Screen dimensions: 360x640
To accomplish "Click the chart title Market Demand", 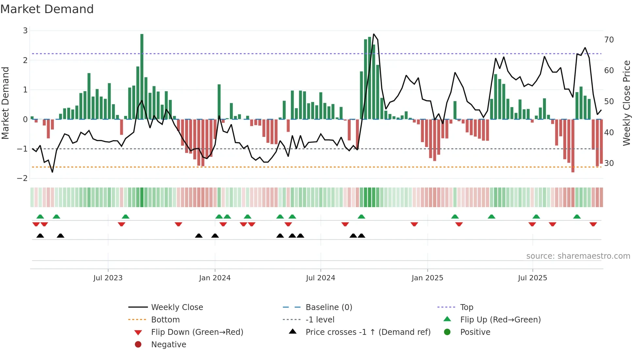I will click(47, 9).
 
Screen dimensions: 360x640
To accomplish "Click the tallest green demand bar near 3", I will click(142, 76).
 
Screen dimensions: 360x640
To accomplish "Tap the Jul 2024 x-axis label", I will click(320, 278).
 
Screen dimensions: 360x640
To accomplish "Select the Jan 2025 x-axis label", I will click(427, 278).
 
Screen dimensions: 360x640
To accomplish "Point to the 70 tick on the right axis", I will click(609, 40).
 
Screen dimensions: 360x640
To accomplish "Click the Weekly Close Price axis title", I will click(626, 103).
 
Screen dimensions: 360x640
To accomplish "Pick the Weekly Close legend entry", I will click(177, 307).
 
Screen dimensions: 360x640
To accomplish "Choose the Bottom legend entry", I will click(165, 320).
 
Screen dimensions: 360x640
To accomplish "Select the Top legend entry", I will click(467, 307).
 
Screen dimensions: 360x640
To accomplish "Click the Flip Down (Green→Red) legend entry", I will click(197, 332).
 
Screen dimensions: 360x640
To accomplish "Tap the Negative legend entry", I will click(168, 345).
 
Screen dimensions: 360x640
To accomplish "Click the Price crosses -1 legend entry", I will click(368, 332).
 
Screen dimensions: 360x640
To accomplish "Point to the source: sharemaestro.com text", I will click(578, 256).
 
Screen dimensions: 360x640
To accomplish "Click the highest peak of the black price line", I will click(374, 34).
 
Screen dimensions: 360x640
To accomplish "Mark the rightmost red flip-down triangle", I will click(593, 224).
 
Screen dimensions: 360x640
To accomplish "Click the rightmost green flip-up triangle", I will click(577, 217).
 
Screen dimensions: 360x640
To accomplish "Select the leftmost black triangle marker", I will click(40, 236).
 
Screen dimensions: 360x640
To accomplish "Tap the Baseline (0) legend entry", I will click(328, 307).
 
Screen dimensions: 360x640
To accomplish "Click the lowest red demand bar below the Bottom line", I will click(573, 170).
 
